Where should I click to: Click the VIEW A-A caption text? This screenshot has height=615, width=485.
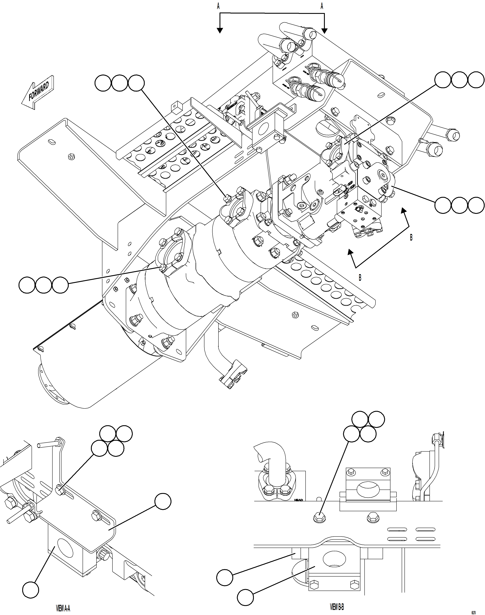coord(63,608)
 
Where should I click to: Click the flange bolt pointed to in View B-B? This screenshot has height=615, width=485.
coord(319,518)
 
